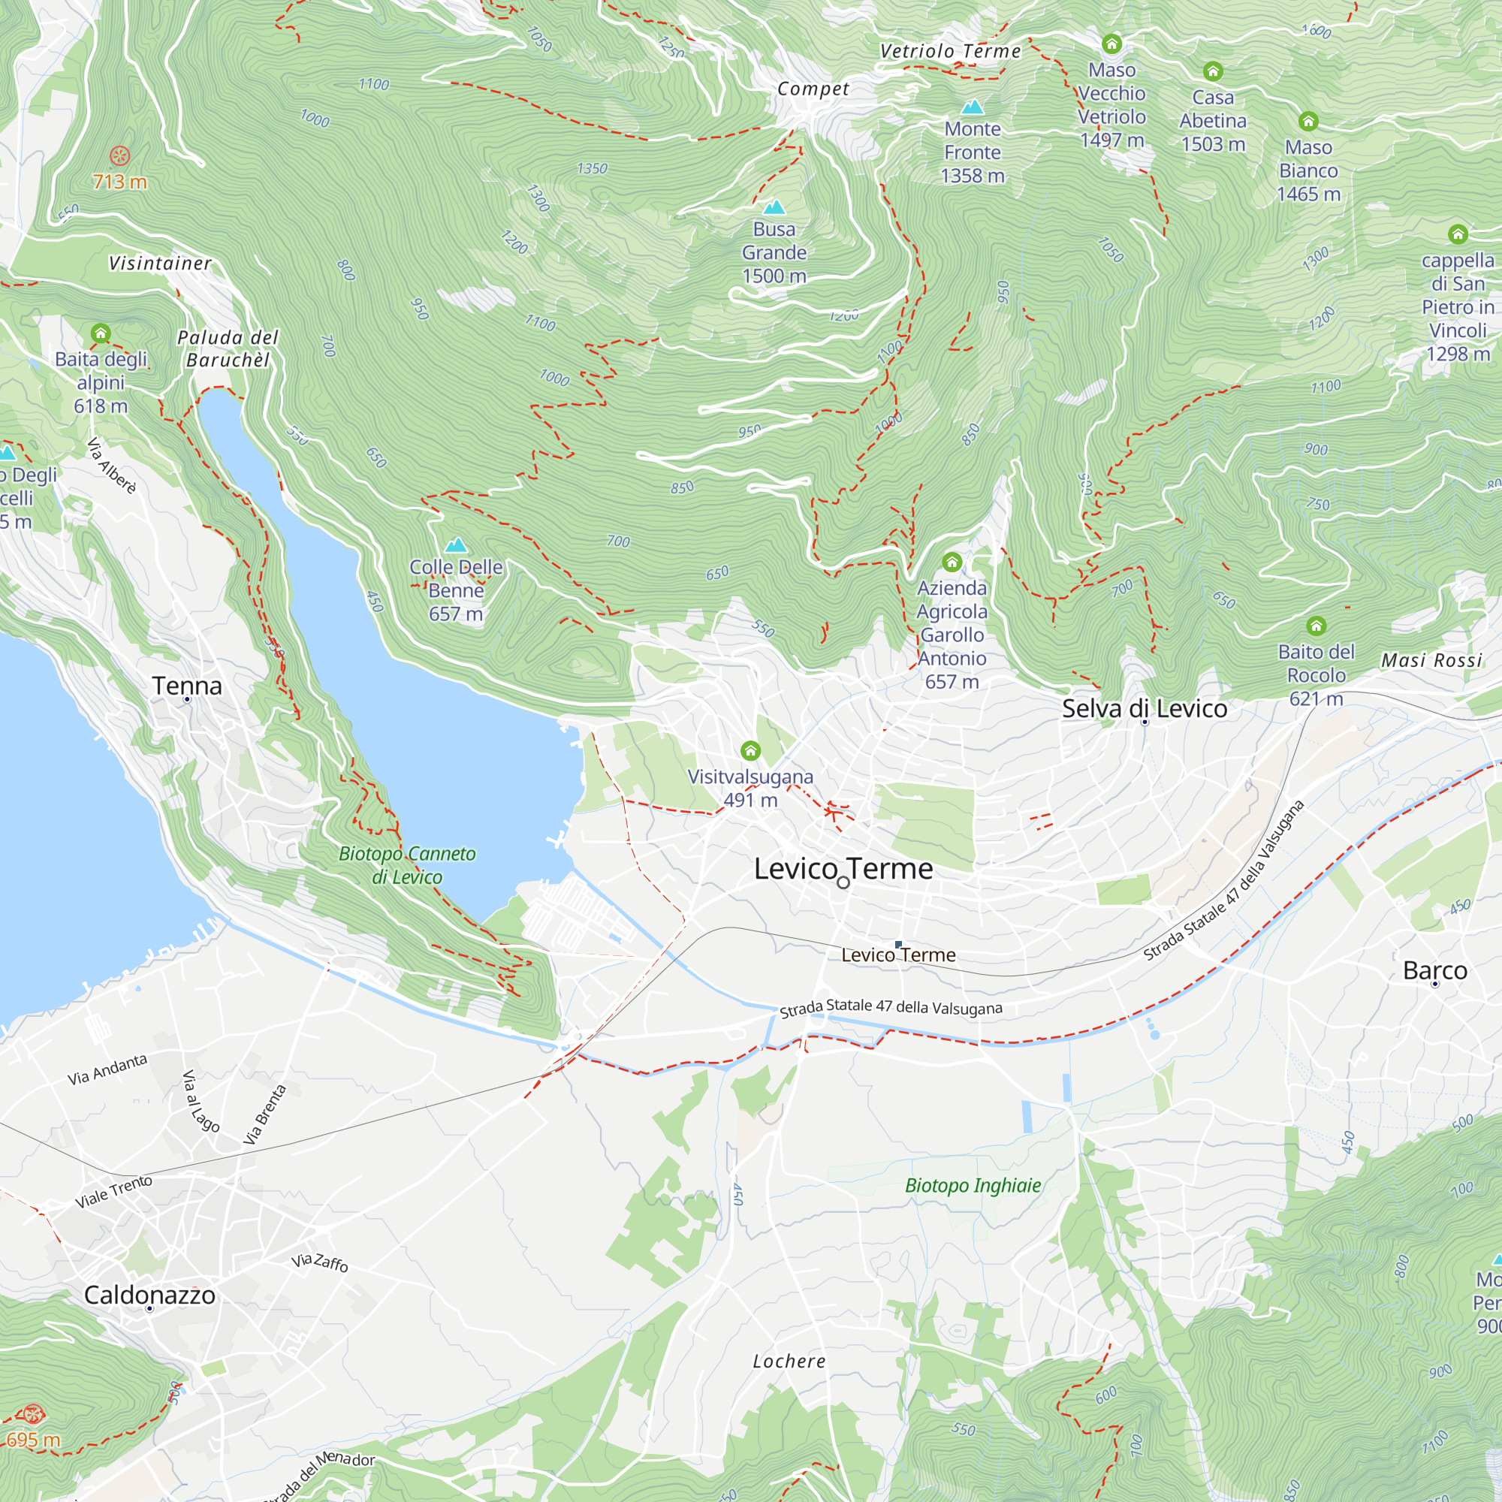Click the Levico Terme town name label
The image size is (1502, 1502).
click(x=843, y=868)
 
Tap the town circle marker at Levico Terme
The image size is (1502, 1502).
click(x=843, y=882)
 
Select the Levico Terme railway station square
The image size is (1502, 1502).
click(x=899, y=944)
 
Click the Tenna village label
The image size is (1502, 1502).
click(x=186, y=686)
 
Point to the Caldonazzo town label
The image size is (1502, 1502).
click(x=149, y=1295)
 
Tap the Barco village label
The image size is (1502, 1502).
click(x=1434, y=970)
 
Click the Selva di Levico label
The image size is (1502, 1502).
click(x=1144, y=708)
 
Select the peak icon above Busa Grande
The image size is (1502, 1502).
click(x=774, y=207)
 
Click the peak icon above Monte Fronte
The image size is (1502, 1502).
click(x=972, y=107)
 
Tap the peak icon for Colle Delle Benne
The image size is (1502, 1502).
click(x=456, y=545)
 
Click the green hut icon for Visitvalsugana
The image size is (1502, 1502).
click(x=750, y=750)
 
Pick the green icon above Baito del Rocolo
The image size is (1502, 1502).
click(x=1317, y=626)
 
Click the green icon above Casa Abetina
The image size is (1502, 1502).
click(x=1213, y=71)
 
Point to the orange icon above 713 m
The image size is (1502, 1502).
click(x=119, y=155)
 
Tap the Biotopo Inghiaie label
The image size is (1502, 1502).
click(x=973, y=1186)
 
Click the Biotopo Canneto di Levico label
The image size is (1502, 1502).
click(x=406, y=864)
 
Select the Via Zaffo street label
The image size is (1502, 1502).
click(x=319, y=1262)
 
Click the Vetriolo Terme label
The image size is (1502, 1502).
click(x=950, y=51)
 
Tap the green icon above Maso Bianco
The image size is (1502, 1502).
click(x=1308, y=121)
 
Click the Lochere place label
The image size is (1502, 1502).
click(x=789, y=1362)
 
